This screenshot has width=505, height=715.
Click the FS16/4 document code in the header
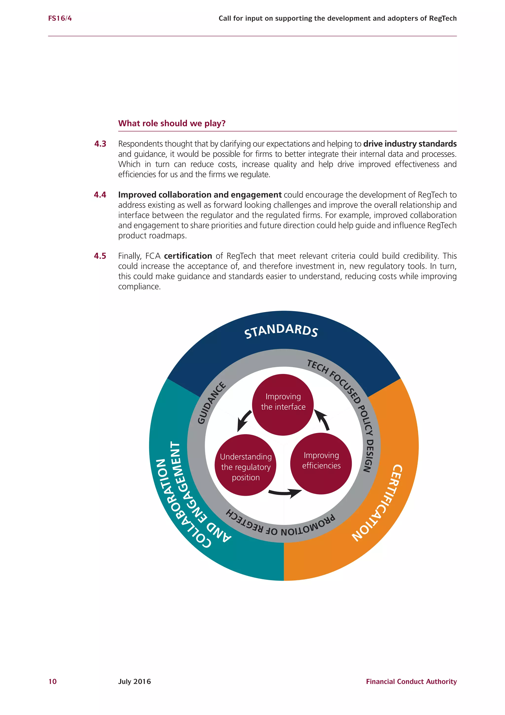(x=60, y=18)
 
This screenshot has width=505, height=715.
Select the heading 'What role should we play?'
(x=172, y=123)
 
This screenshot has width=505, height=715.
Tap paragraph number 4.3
(x=100, y=144)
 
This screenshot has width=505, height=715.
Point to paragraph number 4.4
(x=100, y=195)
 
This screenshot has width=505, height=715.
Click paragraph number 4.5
(x=100, y=256)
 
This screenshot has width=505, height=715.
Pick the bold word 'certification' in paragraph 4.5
(x=188, y=256)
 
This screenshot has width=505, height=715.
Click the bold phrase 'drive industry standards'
(x=410, y=144)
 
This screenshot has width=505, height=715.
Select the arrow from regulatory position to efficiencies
(x=285, y=492)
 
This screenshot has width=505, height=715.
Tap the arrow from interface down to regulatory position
(x=244, y=421)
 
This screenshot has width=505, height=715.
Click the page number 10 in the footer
(x=53, y=681)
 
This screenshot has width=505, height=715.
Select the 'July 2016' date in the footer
(x=134, y=681)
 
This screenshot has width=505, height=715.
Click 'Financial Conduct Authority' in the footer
(x=411, y=681)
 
